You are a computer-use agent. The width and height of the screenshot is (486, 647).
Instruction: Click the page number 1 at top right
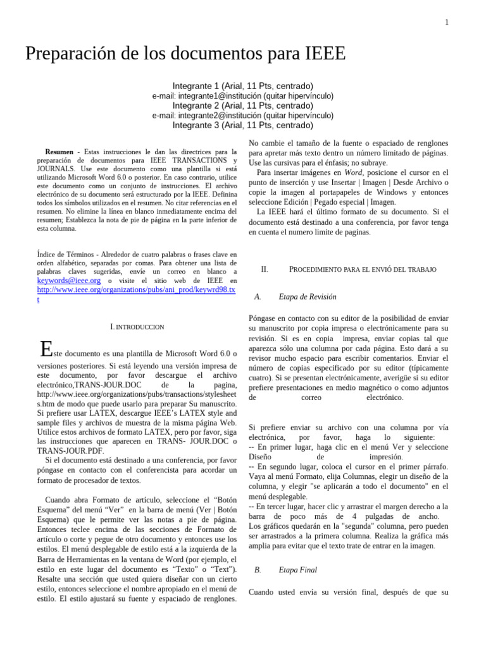(x=447, y=23)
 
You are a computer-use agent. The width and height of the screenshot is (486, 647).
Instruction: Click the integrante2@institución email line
(x=242, y=116)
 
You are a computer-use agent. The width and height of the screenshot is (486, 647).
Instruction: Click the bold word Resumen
(x=59, y=152)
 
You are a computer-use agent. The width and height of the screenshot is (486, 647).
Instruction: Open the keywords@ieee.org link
(x=69, y=281)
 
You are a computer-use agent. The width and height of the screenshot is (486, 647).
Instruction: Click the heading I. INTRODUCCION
(x=137, y=327)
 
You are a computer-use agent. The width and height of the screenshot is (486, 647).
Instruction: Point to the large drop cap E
(x=45, y=349)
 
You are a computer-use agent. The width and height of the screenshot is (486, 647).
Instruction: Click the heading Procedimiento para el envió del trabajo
(x=363, y=270)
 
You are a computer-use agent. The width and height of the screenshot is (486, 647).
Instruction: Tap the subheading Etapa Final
(x=298, y=570)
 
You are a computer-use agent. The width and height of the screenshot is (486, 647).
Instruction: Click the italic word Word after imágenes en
(x=353, y=172)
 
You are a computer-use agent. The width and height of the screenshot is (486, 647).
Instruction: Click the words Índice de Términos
(x=68, y=254)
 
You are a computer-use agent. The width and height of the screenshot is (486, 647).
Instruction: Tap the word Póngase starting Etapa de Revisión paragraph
(x=265, y=319)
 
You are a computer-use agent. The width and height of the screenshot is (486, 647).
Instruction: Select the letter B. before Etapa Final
(x=258, y=570)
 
